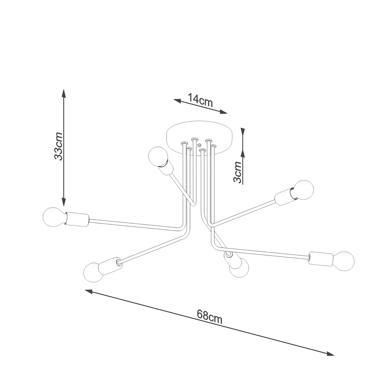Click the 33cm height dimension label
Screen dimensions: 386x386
click(59, 146)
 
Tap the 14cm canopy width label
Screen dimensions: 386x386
click(200, 100)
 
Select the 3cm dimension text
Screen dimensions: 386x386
click(237, 172)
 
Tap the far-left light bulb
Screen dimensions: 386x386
click(53, 217)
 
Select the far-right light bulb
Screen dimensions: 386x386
click(344, 261)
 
